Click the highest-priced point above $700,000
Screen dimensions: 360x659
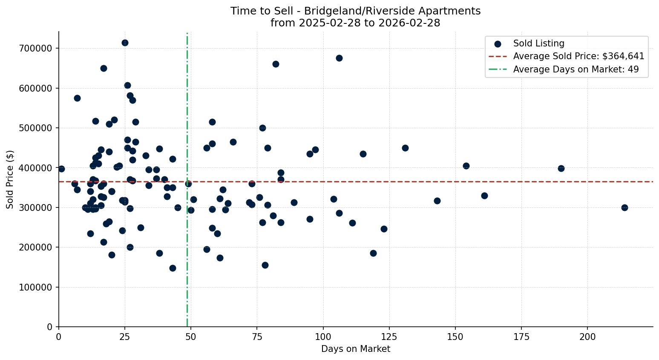click(125, 43)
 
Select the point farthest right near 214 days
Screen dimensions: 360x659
click(624, 207)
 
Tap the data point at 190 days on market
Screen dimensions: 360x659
click(561, 168)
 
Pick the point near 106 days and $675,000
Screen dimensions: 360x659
click(339, 58)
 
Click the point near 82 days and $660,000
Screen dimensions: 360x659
click(276, 64)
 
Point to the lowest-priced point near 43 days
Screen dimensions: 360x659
click(173, 268)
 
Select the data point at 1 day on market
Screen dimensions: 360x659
click(61, 169)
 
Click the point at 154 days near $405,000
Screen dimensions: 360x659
click(466, 166)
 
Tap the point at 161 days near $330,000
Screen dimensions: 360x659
click(484, 196)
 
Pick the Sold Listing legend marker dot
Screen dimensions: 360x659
click(498, 43)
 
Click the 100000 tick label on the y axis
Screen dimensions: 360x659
click(36, 287)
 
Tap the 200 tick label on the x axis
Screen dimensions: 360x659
click(587, 337)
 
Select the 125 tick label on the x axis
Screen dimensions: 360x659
click(389, 337)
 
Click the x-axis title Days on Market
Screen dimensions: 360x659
click(356, 349)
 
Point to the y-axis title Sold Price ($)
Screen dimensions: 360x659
click(10, 179)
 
